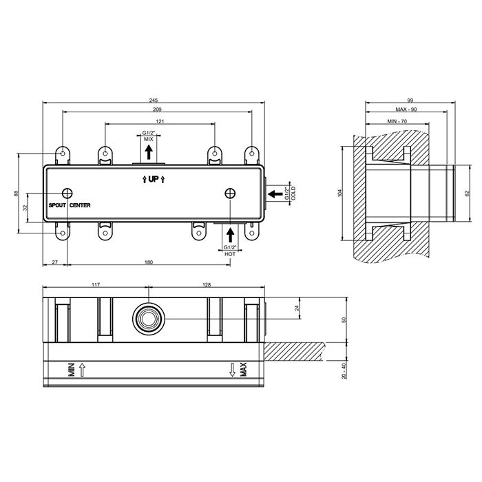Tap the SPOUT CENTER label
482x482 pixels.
[69, 205]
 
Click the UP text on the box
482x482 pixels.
[154, 179]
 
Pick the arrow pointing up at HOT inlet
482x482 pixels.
[229, 236]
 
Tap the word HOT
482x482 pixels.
[229, 254]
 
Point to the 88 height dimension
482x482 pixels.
[17, 194]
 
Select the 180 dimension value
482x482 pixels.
[149, 262]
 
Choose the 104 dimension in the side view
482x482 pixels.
[339, 195]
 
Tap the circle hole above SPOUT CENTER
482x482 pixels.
[67, 193]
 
